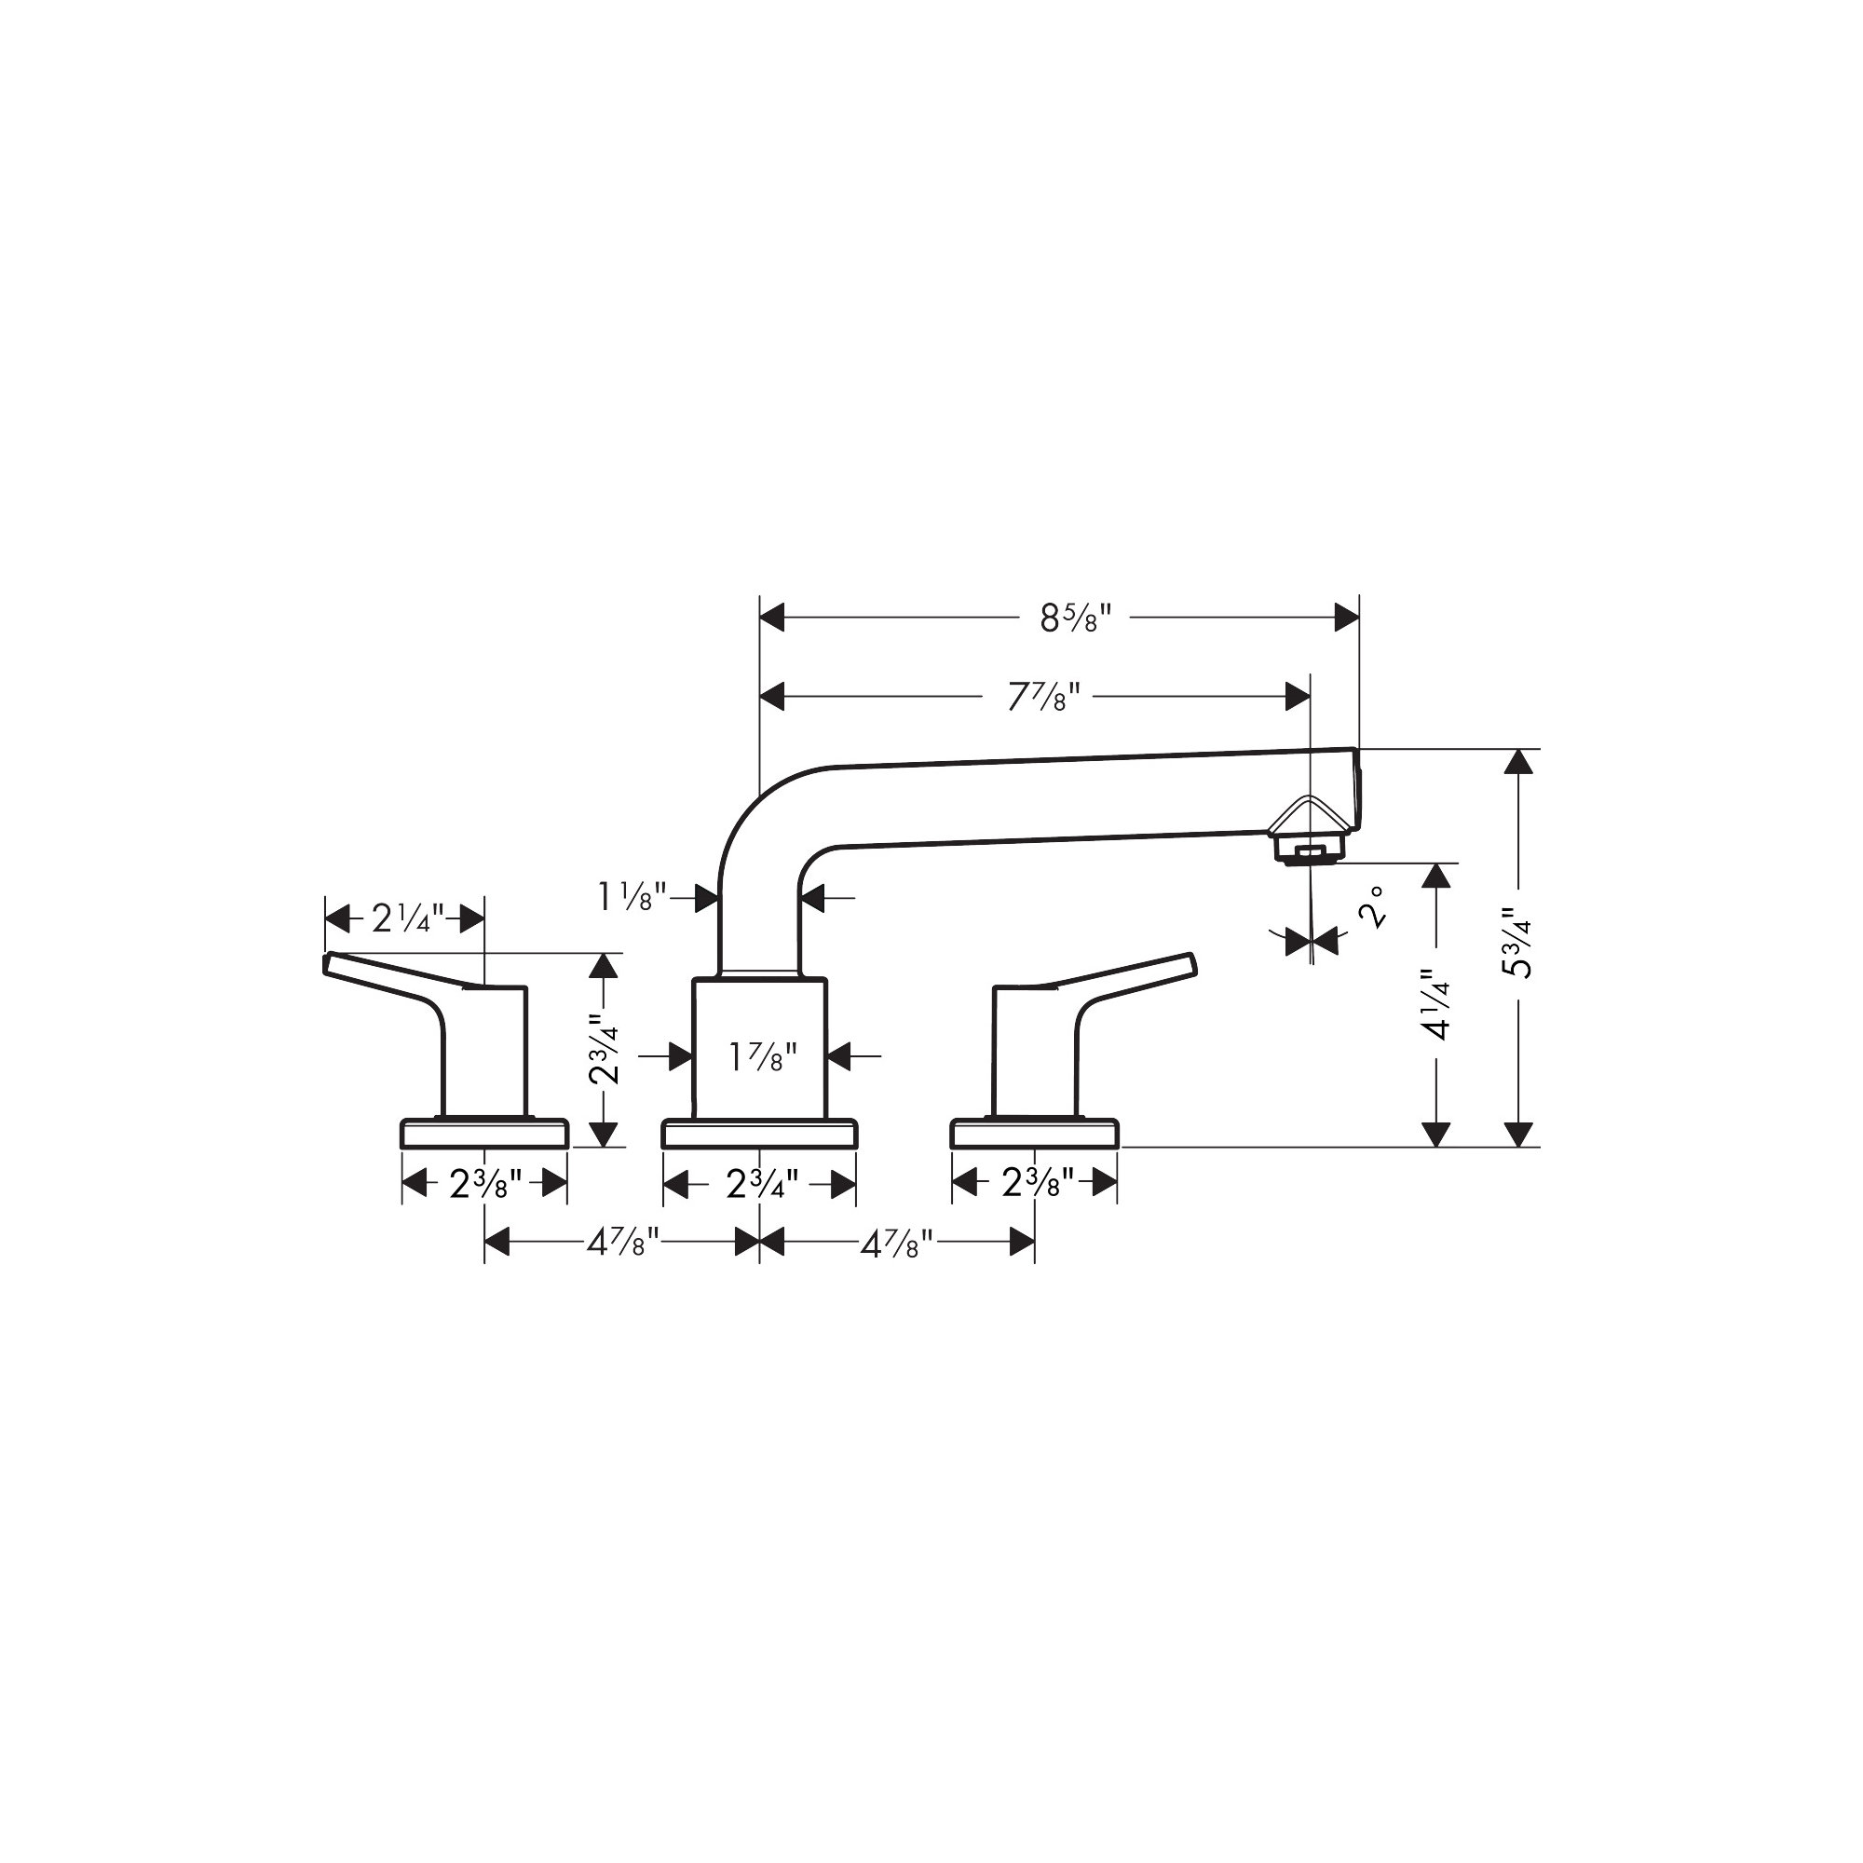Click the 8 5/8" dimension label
point(1076,618)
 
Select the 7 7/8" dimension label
point(1044,696)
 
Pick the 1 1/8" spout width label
point(632,898)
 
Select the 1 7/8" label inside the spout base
point(762,1058)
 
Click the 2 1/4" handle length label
point(408,918)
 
